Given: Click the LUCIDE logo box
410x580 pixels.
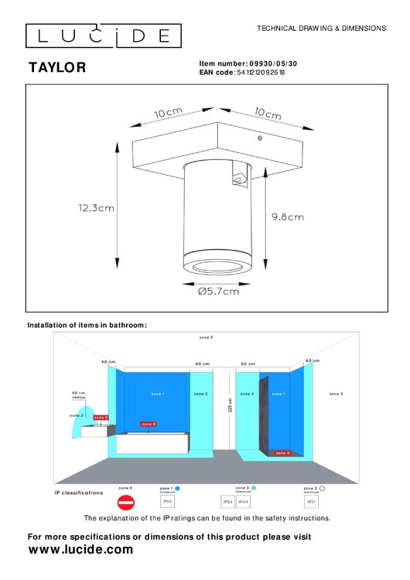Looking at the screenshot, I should [x=104, y=36].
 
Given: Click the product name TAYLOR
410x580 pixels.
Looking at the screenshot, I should [x=57, y=68].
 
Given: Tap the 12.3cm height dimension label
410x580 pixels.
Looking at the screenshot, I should [x=96, y=207].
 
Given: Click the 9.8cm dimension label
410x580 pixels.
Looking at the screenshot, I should [x=288, y=218].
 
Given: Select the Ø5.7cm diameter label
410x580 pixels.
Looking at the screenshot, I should [x=219, y=292].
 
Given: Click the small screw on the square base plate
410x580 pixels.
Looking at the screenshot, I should [x=260, y=138].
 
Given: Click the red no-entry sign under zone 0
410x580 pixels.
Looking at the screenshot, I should [x=125, y=503].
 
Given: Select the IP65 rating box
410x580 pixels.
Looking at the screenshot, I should [x=167, y=502].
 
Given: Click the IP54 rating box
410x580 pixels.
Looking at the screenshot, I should [x=228, y=502].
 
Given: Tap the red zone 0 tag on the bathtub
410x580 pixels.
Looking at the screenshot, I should [x=149, y=424].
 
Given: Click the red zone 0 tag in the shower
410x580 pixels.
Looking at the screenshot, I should [x=283, y=452].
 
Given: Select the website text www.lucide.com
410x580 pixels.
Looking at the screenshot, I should [x=80, y=550].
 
